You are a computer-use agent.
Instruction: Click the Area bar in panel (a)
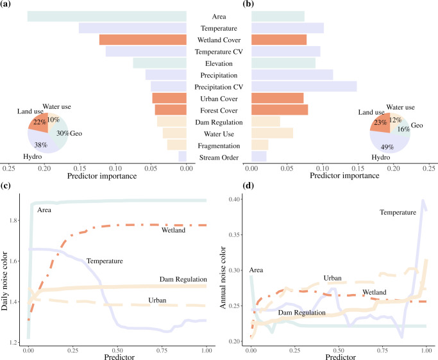pos(107,16)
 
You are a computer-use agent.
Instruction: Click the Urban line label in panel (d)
pos(332,278)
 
